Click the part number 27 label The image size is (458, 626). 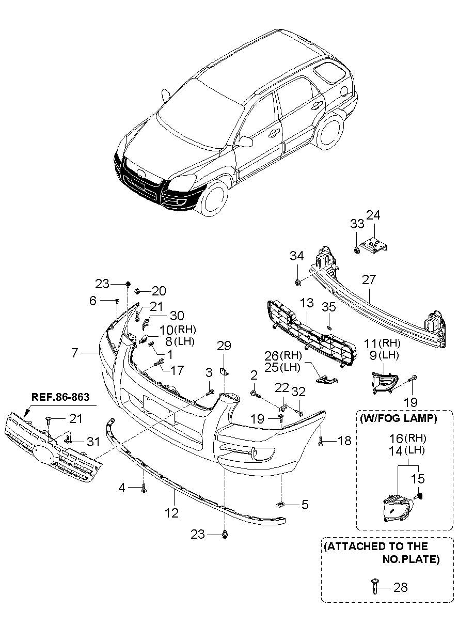369,279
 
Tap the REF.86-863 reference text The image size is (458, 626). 60,397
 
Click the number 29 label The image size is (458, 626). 224,346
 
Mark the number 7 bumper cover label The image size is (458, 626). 75,353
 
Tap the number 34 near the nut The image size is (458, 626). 296,256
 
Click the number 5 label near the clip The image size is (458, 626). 305,504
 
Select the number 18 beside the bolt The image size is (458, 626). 344,440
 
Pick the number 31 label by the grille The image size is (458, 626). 92,441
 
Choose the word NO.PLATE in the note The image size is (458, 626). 410,559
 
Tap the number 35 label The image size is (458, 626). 329,307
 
